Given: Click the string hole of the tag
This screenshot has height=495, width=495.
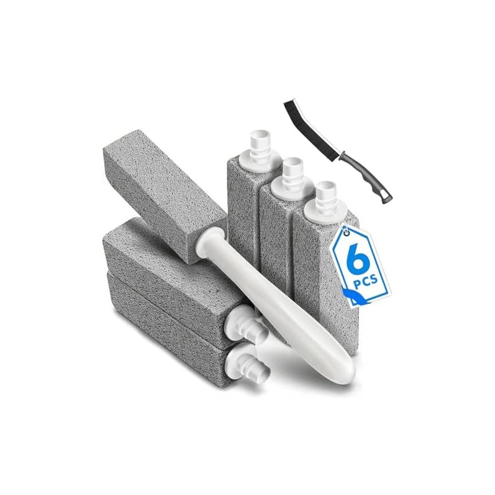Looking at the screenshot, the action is tap(347, 233).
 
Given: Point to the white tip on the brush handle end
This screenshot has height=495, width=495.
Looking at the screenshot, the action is tap(385, 197).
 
